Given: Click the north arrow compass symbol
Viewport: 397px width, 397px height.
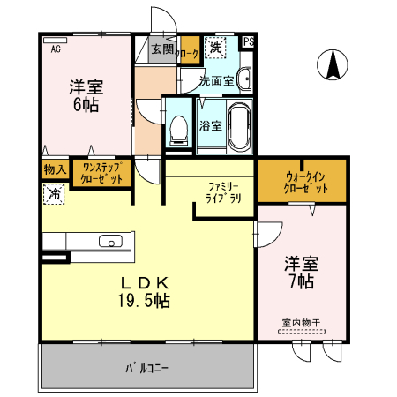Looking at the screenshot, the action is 333,64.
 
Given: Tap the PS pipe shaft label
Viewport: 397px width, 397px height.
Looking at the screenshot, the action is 249,41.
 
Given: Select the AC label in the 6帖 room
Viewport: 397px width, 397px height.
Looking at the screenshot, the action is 56,49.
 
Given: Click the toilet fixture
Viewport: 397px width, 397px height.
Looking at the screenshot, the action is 179,131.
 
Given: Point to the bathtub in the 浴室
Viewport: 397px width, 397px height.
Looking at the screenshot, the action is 240,127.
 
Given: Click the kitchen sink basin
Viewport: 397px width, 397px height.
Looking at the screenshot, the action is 111,241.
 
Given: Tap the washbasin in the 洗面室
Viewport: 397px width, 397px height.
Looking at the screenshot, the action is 243,79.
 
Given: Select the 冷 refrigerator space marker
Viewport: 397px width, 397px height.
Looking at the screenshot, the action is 54,194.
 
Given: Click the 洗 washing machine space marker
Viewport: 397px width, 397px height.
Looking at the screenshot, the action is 215,48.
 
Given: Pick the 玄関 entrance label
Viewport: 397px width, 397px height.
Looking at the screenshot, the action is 162,49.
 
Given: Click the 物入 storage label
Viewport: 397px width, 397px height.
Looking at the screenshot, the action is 56,169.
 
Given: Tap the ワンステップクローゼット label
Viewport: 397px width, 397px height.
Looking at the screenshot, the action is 101,173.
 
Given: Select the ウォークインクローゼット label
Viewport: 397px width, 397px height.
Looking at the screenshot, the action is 305,183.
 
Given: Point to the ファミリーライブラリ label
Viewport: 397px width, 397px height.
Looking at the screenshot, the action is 223,192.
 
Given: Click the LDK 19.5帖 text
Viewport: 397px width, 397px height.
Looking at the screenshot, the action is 145,292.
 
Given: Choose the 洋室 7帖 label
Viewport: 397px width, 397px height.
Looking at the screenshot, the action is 302,272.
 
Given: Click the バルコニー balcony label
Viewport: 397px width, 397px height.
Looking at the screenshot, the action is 146,368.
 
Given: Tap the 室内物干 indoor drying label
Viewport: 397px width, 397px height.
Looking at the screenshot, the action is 301,323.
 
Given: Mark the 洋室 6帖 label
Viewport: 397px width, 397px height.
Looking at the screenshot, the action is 86,95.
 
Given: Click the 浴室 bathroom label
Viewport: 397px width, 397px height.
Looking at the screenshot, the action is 211,126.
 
